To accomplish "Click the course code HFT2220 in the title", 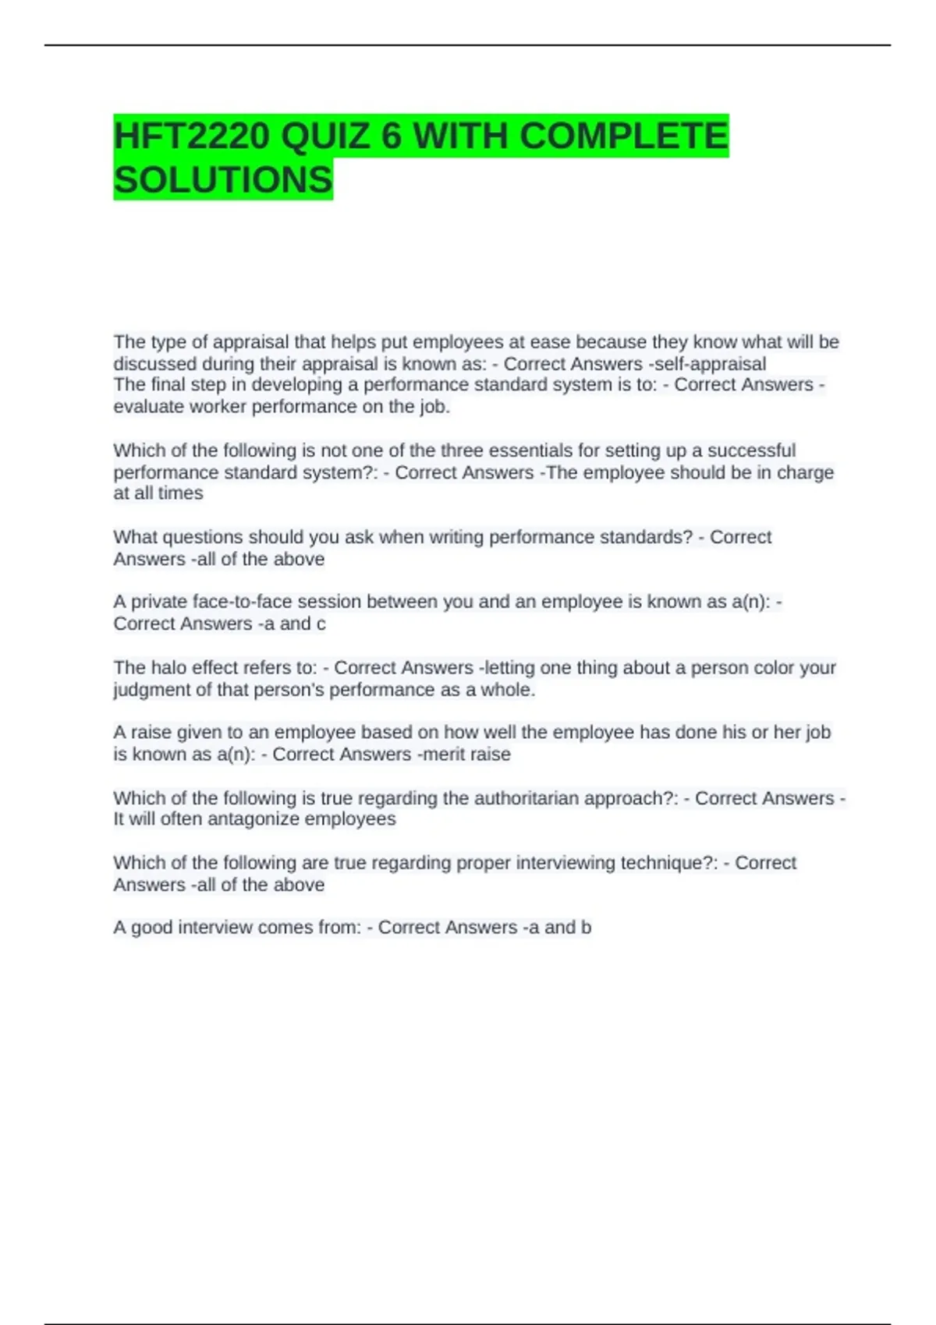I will [x=192, y=136].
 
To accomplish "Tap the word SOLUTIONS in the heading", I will [x=223, y=180].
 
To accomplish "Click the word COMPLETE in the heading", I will [x=623, y=136].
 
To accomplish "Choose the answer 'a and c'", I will [x=292, y=624].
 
